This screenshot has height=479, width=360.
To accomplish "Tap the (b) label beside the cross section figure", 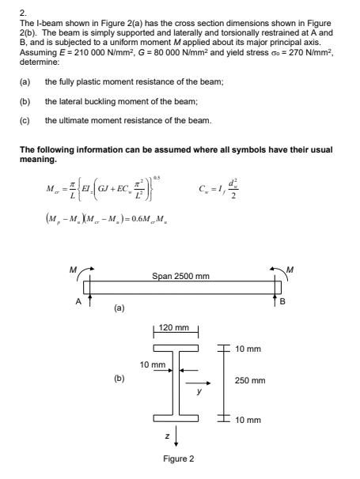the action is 119,379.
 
